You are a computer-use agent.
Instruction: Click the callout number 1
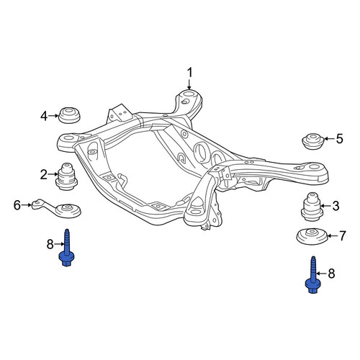pos(190,73)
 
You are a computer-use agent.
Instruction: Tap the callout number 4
pos(44,116)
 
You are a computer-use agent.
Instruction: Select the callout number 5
pos(339,139)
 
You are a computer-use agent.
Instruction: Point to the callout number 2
pos(44,174)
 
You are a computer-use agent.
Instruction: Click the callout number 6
pos(17,205)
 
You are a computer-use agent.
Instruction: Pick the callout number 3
pos(336,206)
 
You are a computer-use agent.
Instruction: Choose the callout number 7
pos(342,235)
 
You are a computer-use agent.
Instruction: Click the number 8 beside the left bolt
pos(50,245)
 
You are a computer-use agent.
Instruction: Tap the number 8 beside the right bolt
pos(331,274)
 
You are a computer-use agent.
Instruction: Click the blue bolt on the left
pos(66,248)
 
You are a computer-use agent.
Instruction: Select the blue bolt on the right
pos(312,275)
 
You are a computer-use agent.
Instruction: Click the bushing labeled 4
pos(69,116)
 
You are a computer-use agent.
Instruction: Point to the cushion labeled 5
pos(313,142)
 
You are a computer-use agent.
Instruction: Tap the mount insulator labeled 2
pos(66,176)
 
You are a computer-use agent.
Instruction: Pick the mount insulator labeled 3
pos(312,207)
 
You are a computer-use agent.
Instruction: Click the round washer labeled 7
pos(312,237)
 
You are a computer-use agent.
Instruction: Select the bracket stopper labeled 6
pos(58,207)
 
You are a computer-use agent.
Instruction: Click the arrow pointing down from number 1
pos(189,84)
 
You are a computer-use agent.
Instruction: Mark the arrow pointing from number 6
pos(27,205)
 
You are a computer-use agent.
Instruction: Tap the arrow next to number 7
pos(332,235)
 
